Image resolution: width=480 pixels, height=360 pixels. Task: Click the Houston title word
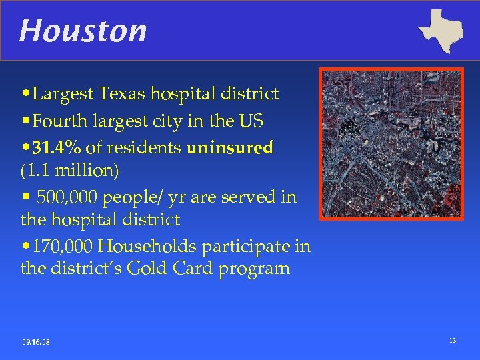pos(83,31)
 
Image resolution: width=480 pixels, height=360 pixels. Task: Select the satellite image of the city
pos(391,143)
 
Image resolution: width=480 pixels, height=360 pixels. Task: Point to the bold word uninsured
pos(230,147)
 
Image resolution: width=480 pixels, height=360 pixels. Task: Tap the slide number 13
pos(453,341)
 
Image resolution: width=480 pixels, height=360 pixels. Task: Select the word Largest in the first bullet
pos(62,94)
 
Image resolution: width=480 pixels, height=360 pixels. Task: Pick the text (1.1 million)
pos(70,171)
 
